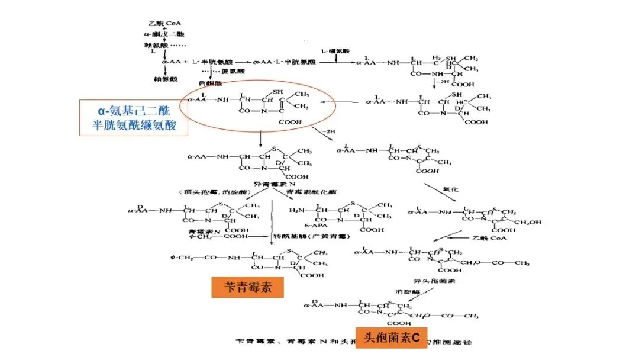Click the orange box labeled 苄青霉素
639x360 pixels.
point(247,287)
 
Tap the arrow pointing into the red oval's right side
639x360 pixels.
point(349,102)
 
